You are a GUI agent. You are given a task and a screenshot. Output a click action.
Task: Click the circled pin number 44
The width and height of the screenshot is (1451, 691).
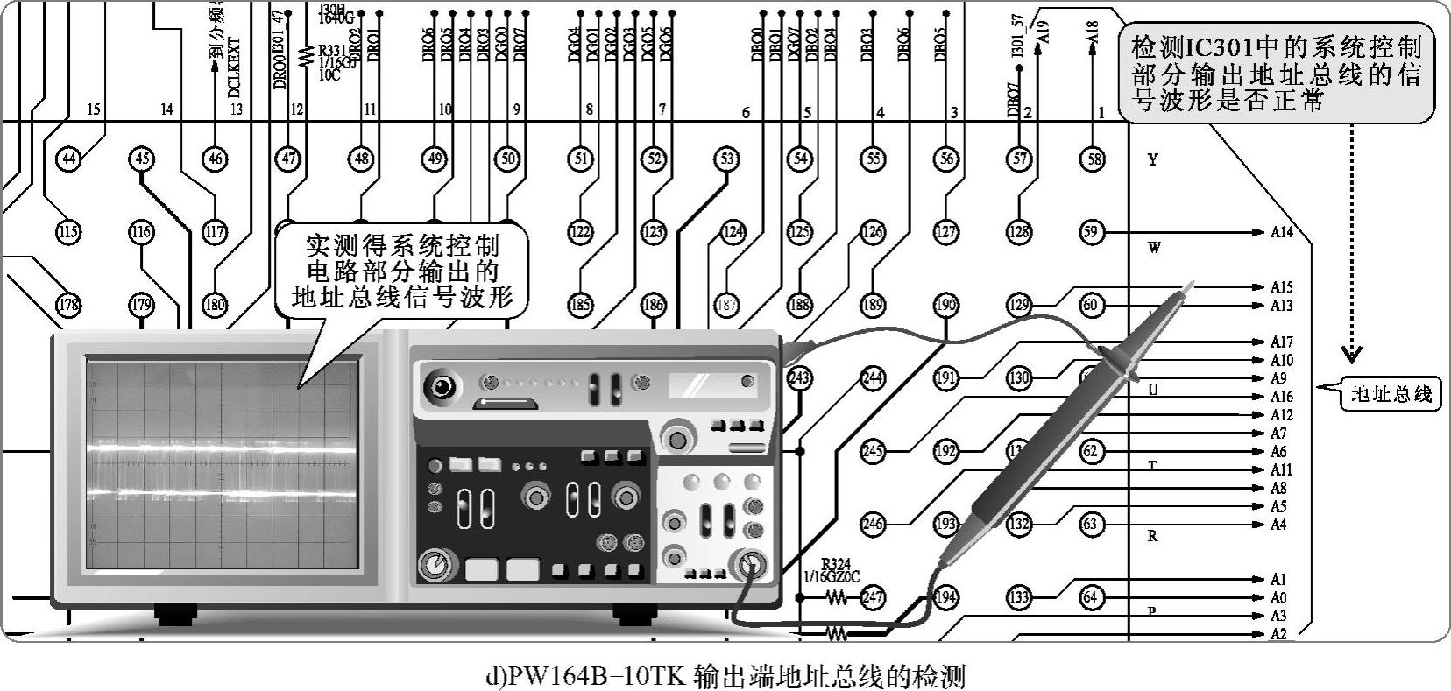pyautogui.click(x=68, y=159)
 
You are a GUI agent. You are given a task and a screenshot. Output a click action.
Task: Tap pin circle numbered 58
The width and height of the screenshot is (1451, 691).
pyautogui.click(x=1092, y=159)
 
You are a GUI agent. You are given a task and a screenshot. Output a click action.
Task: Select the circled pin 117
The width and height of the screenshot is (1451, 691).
pyautogui.click(x=215, y=232)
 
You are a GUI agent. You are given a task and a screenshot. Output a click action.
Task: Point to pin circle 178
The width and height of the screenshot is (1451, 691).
pyautogui.click(x=68, y=305)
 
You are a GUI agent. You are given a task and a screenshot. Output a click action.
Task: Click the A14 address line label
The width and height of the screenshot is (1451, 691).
pyautogui.click(x=1282, y=233)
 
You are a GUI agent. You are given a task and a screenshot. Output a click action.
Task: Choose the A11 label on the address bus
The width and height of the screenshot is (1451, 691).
pyautogui.click(x=1282, y=470)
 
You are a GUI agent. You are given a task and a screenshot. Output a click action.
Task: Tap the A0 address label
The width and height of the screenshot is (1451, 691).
pyautogui.click(x=1278, y=598)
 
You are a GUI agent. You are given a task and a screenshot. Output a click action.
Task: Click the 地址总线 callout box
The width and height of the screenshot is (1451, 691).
pyautogui.click(x=1390, y=394)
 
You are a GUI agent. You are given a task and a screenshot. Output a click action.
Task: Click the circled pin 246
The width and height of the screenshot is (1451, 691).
pyautogui.click(x=873, y=525)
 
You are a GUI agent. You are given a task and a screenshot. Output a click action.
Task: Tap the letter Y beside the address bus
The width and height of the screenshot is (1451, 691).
pyautogui.click(x=1153, y=159)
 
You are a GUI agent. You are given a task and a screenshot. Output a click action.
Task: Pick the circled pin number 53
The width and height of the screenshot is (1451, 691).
pyautogui.click(x=726, y=159)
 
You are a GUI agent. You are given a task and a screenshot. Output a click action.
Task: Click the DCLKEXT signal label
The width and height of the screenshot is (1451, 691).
pyautogui.click(x=234, y=66)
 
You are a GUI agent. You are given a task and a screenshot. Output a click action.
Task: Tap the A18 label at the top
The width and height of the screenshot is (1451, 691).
pyautogui.click(x=1092, y=33)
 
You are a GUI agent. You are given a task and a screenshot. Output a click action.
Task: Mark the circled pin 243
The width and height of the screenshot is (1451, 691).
pyautogui.click(x=799, y=378)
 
